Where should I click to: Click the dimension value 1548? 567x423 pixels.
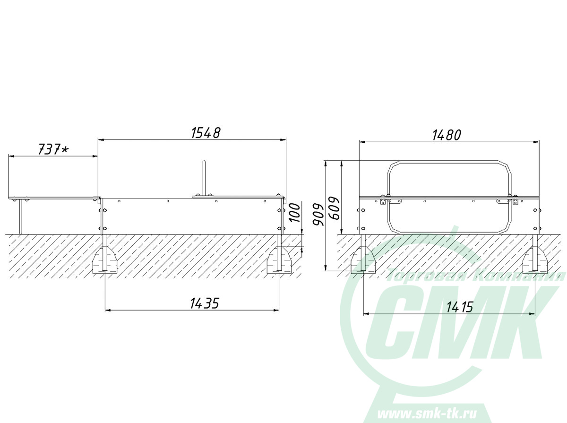pyautogui.click(x=206, y=133)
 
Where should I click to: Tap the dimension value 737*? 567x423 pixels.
pyautogui.click(x=53, y=149)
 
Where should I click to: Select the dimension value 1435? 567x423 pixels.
pyautogui.click(x=205, y=303)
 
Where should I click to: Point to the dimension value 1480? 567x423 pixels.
pyautogui.click(x=447, y=135)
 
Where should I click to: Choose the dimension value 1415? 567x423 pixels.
pyautogui.click(x=460, y=307)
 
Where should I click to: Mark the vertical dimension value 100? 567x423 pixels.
pyautogui.click(x=295, y=213)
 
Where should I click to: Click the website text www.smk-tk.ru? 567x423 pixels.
pyautogui.click(x=427, y=414)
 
